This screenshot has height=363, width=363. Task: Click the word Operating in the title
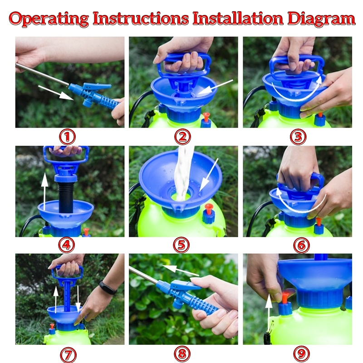click(x=49, y=19)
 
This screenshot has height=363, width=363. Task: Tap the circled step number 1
click(x=67, y=137)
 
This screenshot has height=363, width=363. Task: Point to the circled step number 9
click(x=301, y=354)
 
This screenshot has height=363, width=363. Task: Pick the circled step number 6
click(x=301, y=245)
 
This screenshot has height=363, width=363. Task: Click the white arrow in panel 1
click(x=56, y=93)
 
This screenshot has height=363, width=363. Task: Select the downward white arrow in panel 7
click(x=78, y=299)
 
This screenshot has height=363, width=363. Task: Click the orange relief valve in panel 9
click(x=285, y=297)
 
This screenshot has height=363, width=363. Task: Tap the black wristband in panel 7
click(x=108, y=287)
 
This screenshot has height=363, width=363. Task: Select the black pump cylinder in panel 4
click(x=66, y=197)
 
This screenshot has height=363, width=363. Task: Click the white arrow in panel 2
click(x=215, y=87)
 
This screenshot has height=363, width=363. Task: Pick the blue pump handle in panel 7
click(x=67, y=287)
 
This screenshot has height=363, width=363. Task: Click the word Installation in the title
click(x=238, y=19)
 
